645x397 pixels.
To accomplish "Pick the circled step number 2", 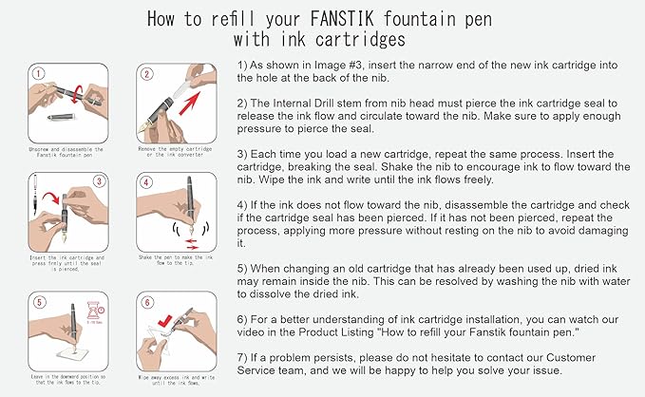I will pos(146,73).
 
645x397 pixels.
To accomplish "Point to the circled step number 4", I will pos(146,182).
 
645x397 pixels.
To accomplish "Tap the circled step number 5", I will pos(38,304).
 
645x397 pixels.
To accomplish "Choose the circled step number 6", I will pos(146,304).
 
